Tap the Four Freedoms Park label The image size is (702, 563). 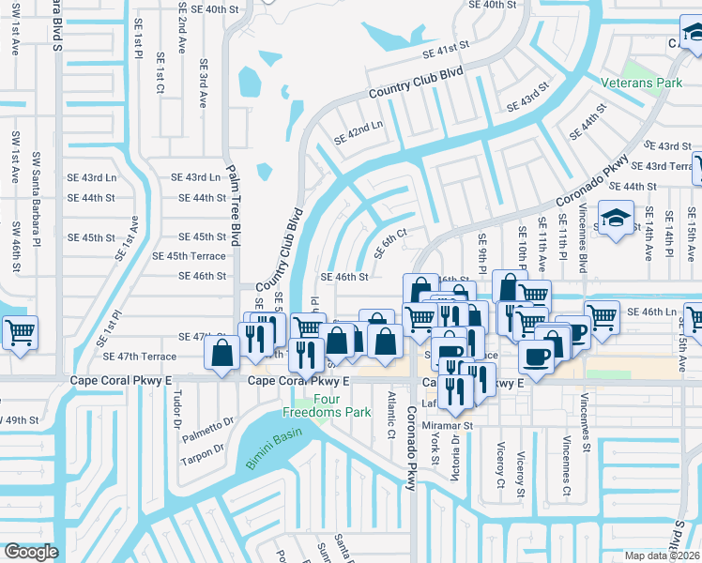click(x=315, y=404)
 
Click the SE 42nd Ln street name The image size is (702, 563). click(x=359, y=133)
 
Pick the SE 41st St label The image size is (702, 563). click(x=445, y=54)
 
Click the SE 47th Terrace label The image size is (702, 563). click(x=140, y=357)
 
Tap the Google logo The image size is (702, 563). click(x=31, y=551)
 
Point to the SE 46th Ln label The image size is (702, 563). click(x=651, y=312)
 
